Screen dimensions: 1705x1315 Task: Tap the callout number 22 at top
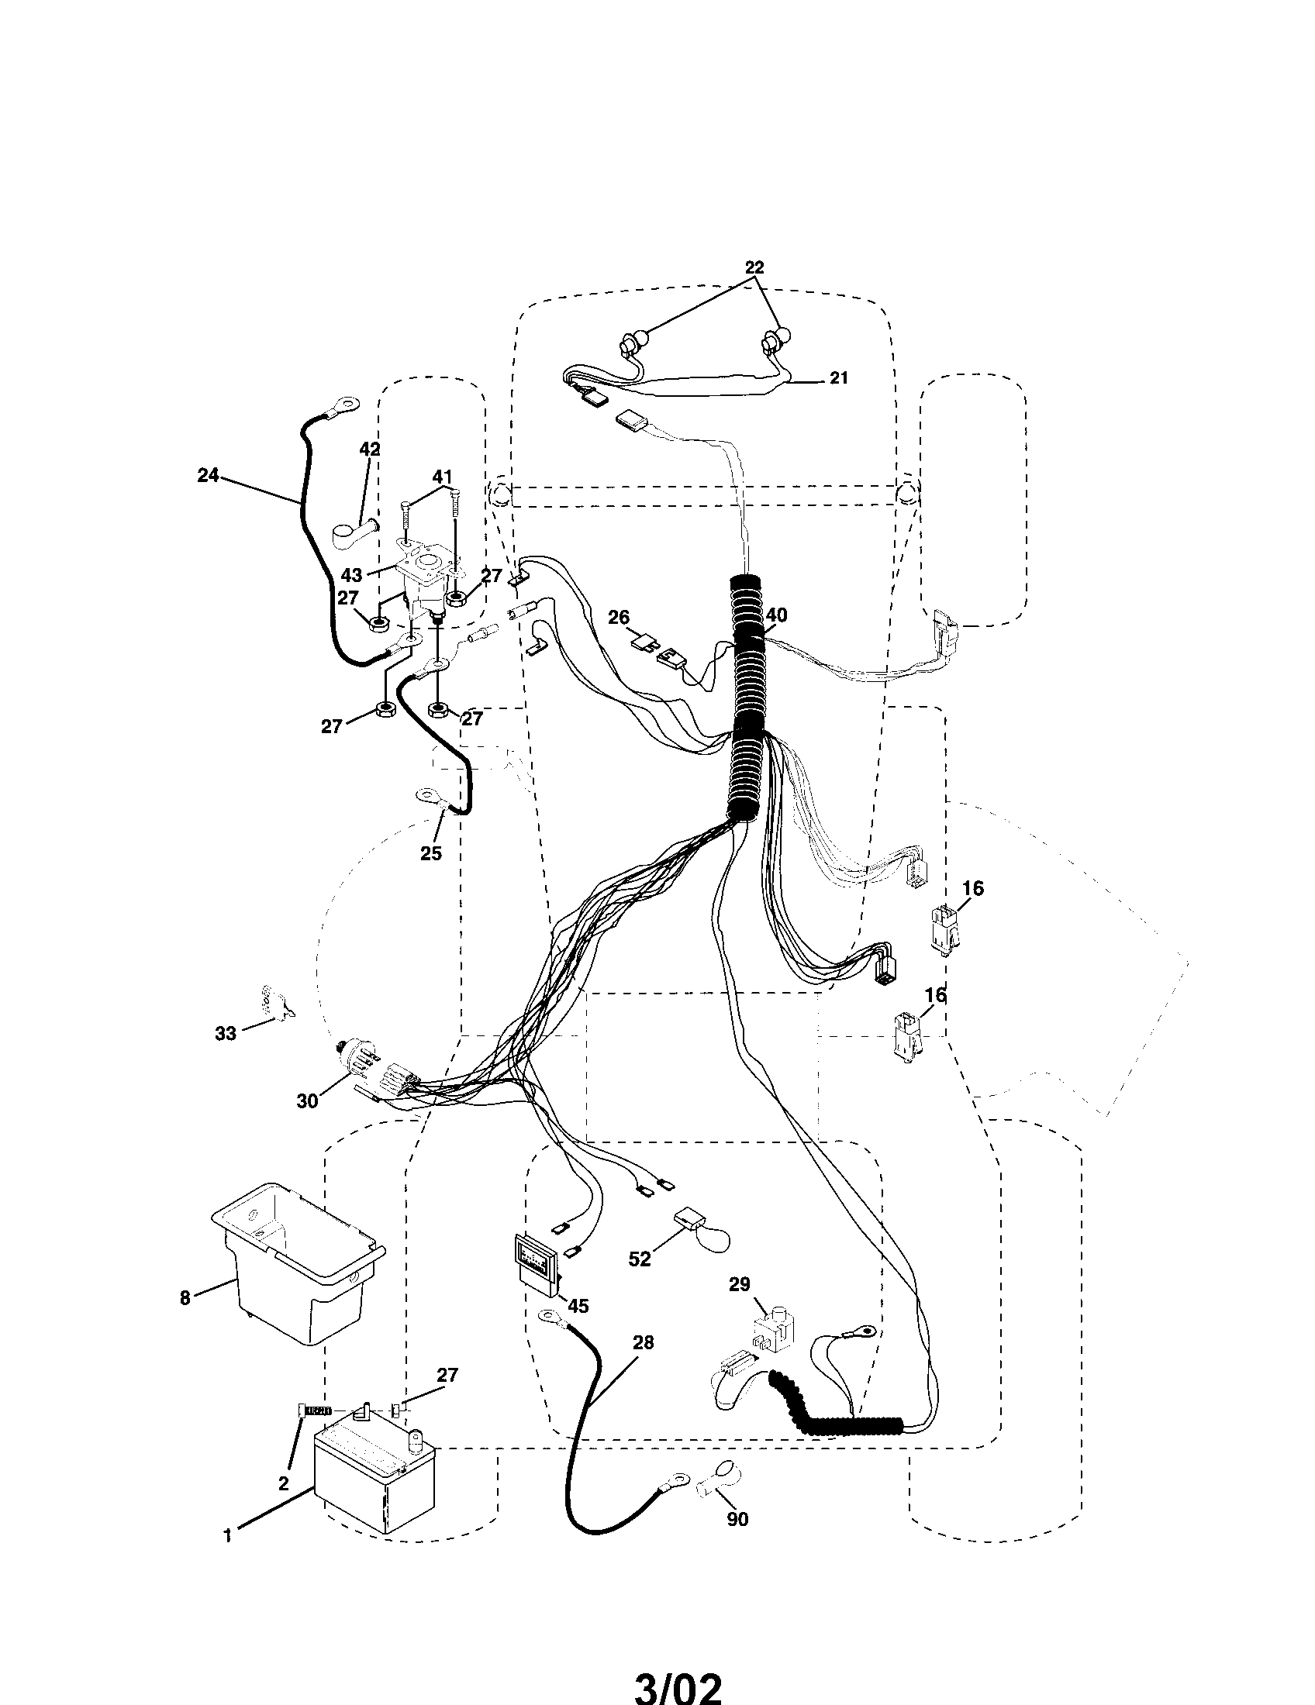[754, 267]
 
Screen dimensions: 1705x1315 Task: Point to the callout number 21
[838, 378]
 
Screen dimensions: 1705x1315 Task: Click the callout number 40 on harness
[776, 615]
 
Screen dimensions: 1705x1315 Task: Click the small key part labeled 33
[273, 1001]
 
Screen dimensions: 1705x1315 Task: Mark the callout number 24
[208, 474]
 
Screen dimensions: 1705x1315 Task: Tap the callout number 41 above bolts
[442, 475]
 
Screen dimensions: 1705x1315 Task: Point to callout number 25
[431, 853]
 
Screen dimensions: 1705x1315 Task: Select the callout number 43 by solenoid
[351, 575]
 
